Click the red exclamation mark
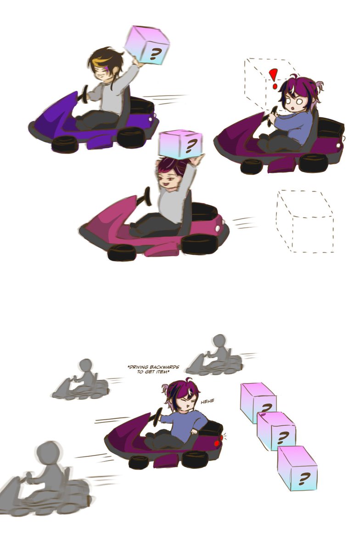coord(273,78)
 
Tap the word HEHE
coord(207,401)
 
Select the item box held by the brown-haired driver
coord(147,45)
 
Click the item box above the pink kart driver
coord(180,144)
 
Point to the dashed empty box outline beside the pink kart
coord(304,221)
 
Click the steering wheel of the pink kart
coord(146,197)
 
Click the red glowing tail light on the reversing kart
coord(217,444)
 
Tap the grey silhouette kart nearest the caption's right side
coord(214,356)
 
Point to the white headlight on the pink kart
coord(218,229)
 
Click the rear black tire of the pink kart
coord(122,253)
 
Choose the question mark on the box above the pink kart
coord(189,146)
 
